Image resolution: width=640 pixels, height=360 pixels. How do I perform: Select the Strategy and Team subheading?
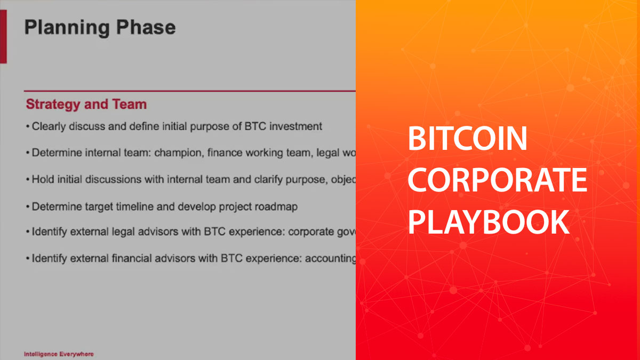[x=86, y=104]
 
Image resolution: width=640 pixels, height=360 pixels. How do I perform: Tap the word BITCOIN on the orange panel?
[x=467, y=140]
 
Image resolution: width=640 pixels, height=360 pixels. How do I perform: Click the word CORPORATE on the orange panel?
[x=497, y=181]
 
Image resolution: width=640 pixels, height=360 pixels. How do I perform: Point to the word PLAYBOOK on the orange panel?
[x=489, y=222]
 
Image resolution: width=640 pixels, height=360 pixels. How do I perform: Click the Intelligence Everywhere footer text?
[x=59, y=354]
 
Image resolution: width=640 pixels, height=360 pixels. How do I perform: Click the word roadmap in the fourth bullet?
[x=274, y=206]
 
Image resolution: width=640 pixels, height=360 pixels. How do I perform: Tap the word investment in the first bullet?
[x=297, y=127]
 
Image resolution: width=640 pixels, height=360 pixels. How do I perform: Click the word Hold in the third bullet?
[x=42, y=179]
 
